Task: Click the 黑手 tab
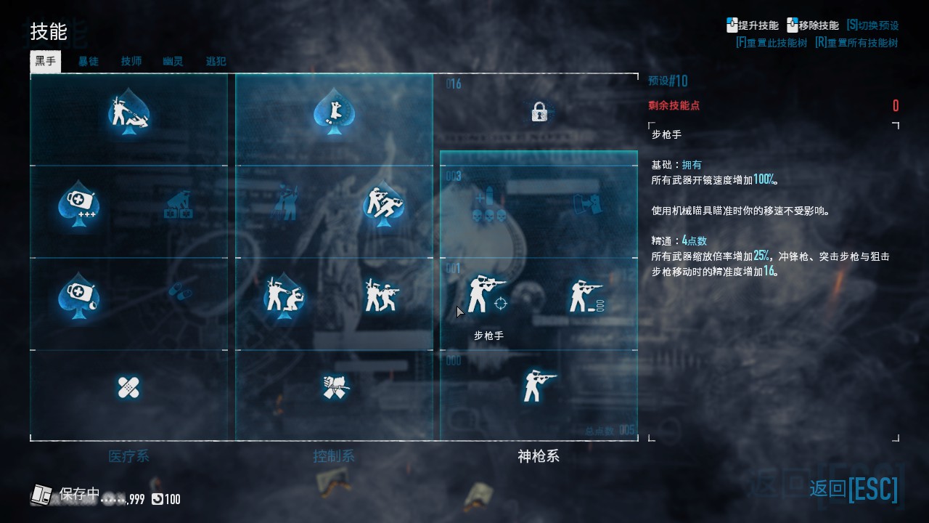click(45, 61)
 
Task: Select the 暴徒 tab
click(89, 62)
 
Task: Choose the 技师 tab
click(131, 62)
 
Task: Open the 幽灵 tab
click(173, 62)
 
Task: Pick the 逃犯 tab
click(216, 62)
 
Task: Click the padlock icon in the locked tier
click(539, 112)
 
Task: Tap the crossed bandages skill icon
click(128, 387)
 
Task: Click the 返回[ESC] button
click(854, 489)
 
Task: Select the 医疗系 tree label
click(128, 456)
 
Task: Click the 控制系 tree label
click(334, 456)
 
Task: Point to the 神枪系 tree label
click(539, 456)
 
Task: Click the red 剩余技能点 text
click(674, 106)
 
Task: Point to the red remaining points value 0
click(896, 106)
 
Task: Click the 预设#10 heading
click(668, 81)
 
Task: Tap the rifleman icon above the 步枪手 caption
click(482, 294)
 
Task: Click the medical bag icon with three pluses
click(78, 206)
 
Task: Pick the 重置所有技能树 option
click(856, 43)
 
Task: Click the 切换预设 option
click(872, 25)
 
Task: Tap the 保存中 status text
click(79, 494)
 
